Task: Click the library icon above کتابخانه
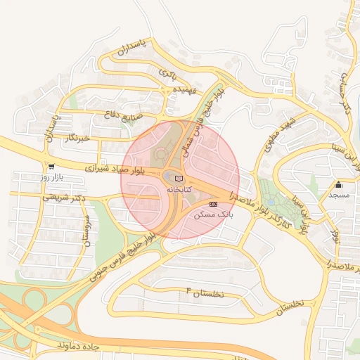pyautogui.click(x=178, y=179)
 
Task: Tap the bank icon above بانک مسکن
pyautogui.click(x=214, y=203)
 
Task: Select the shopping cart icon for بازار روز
pyautogui.click(x=51, y=167)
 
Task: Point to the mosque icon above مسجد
pyautogui.click(x=339, y=185)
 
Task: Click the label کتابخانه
pyautogui.click(x=177, y=189)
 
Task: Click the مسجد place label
pyautogui.click(x=338, y=195)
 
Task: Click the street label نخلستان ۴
pyautogui.click(x=205, y=292)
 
